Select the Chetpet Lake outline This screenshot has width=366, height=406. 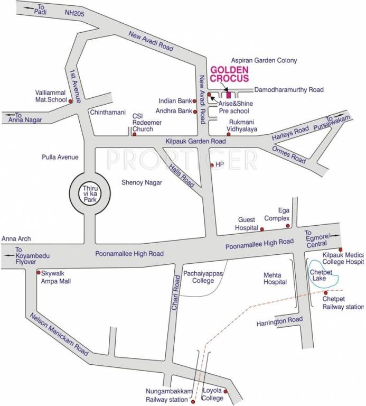click(322, 275)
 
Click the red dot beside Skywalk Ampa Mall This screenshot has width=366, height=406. click(39, 273)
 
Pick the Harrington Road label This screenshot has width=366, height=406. click(279, 321)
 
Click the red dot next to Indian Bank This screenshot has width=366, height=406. click(195, 100)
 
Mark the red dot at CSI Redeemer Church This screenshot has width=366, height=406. click(134, 134)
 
